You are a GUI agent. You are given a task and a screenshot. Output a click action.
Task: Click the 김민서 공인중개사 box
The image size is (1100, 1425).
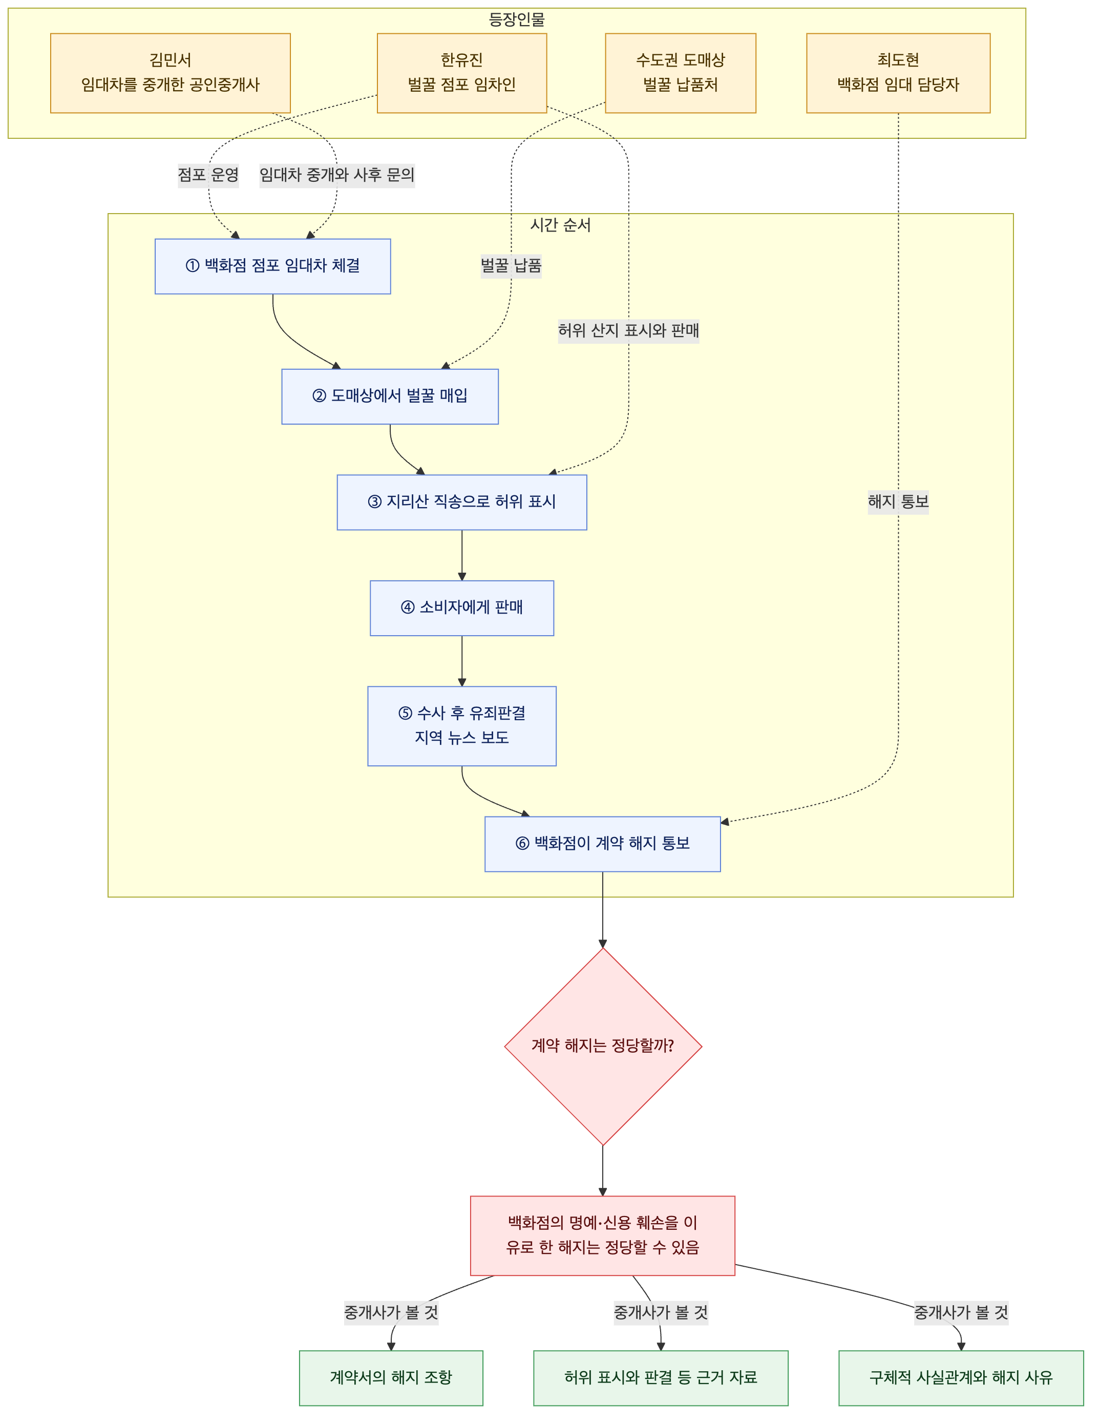pos(171,73)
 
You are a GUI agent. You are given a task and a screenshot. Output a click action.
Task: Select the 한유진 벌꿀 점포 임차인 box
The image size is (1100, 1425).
pos(462,73)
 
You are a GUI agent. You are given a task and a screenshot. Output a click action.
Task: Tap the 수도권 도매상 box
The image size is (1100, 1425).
pos(681,73)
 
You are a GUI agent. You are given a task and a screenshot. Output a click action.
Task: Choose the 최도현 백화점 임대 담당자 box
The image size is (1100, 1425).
pos(898,73)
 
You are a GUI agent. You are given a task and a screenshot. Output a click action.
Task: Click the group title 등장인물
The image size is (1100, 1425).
pos(517,19)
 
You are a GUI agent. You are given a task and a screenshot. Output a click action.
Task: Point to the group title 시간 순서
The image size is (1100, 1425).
pos(560,225)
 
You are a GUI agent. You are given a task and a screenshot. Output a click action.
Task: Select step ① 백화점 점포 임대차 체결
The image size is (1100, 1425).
pos(273,266)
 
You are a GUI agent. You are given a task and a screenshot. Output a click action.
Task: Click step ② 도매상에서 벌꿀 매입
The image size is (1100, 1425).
pos(390,396)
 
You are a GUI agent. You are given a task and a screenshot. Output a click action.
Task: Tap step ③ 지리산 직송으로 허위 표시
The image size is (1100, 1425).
pos(462,502)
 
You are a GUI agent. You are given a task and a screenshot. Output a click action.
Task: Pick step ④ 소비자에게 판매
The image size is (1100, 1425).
pos(462,608)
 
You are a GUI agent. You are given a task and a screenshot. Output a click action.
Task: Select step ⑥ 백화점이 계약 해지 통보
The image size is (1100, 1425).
pos(603,844)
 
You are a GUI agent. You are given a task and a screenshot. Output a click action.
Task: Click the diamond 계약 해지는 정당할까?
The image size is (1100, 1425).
pos(603,1046)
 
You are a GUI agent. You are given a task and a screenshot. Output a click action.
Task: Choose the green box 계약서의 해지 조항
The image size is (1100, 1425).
pos(391,1378)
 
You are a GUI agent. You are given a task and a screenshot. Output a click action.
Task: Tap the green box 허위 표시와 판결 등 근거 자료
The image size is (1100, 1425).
pos(661,1378)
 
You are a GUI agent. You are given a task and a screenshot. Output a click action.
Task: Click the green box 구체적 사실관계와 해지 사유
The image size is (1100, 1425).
pos(961,1378)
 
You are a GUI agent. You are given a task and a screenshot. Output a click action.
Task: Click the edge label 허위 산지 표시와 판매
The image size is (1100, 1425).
pos(628,331)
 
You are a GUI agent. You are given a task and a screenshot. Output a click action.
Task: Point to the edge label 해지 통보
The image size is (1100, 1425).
pos(898,502)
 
